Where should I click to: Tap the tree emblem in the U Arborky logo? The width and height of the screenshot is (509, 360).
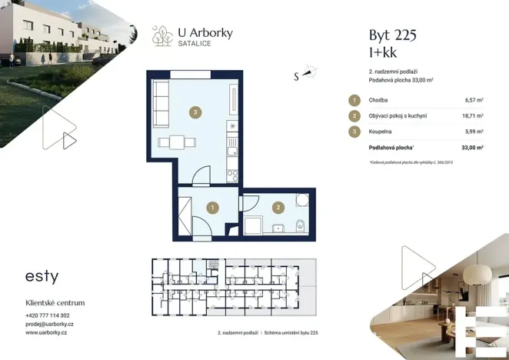[x=162, y=35]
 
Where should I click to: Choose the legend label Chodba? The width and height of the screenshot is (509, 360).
[x=378, y=100]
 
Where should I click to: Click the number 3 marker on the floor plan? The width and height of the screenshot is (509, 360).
[x=197, y=113]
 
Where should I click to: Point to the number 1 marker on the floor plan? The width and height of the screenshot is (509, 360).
[x=212, y=207]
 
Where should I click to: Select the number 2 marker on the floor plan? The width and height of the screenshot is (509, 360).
[x=278, y=207]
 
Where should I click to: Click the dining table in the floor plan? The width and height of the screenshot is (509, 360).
[x=176, y=142]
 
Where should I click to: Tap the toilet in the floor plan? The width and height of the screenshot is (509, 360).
[x=301, y=225]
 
